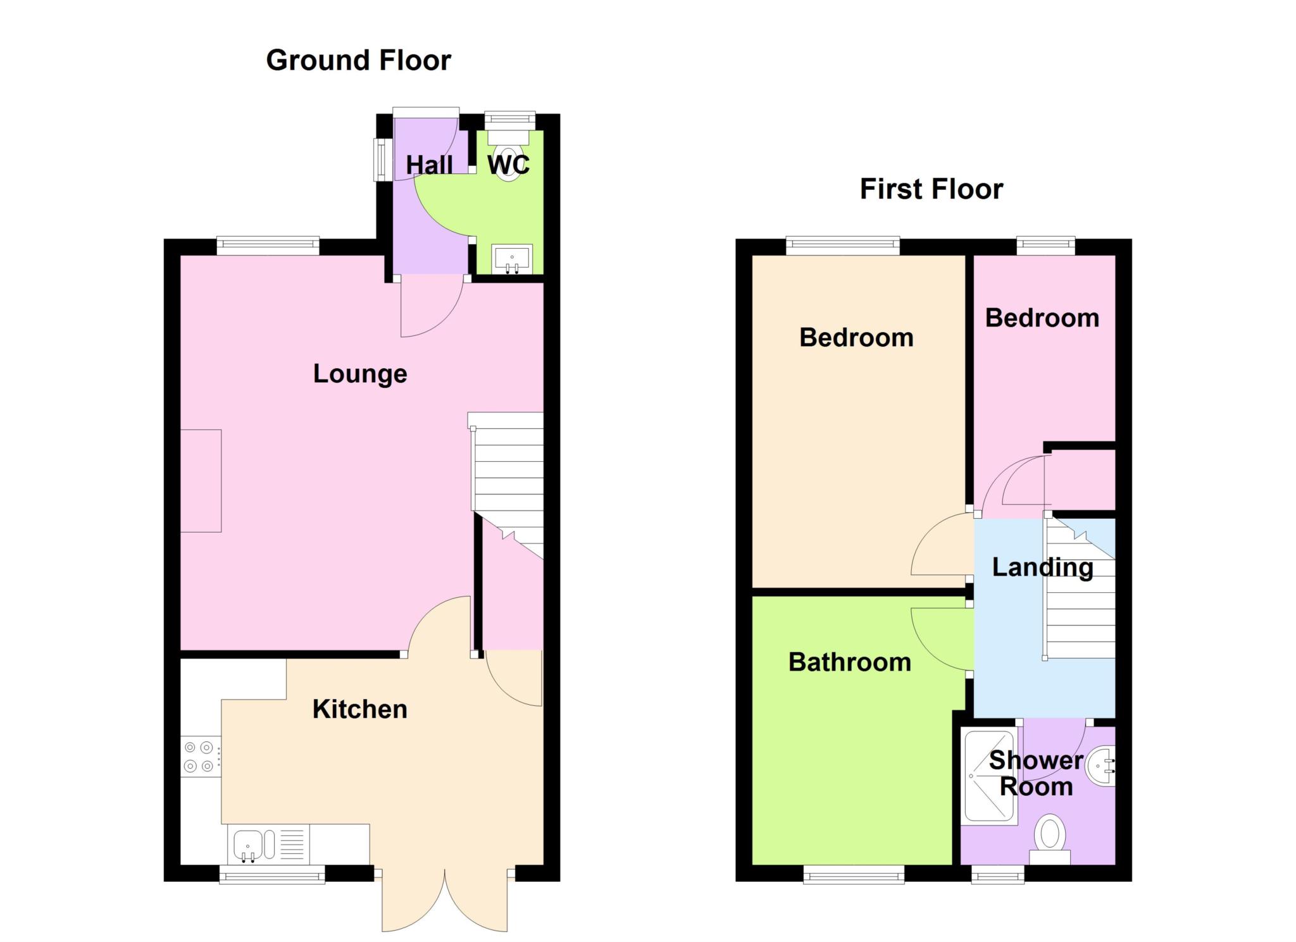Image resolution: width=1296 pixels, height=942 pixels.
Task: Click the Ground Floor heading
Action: click(x=358, y=61)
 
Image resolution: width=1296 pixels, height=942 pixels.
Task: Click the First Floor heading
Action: click(x=931, y=189)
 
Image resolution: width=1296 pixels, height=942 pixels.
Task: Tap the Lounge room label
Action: click(x=360, y=374)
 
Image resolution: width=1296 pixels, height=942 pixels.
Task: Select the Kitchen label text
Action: click(x=359, y=709)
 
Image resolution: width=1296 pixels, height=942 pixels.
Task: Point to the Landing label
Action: click(x=1042, y=567)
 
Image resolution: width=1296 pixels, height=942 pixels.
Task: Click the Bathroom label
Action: click(x=850, y=662)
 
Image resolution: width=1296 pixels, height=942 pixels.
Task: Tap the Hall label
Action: click(x=429, y=165)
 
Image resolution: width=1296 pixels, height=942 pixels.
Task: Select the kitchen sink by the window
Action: click(x=270, y=844)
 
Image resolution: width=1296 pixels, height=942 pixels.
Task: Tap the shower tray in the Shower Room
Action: click(x=989, y=776)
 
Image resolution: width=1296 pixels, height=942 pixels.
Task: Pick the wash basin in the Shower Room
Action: click(x=1101, y=765)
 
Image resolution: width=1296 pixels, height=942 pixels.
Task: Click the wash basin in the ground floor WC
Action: click(x=512, y=259)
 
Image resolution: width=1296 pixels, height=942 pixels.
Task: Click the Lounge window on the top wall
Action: click(x=268, y=245)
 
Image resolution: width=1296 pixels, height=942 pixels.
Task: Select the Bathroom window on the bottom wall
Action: click(x=854, y=874)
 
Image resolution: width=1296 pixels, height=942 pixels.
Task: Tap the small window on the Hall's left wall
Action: click(x=382, y=159)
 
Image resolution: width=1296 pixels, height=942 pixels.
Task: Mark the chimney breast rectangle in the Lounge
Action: click(x=201, y=481)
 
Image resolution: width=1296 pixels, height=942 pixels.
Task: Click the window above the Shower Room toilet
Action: click(x=998, y=874)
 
